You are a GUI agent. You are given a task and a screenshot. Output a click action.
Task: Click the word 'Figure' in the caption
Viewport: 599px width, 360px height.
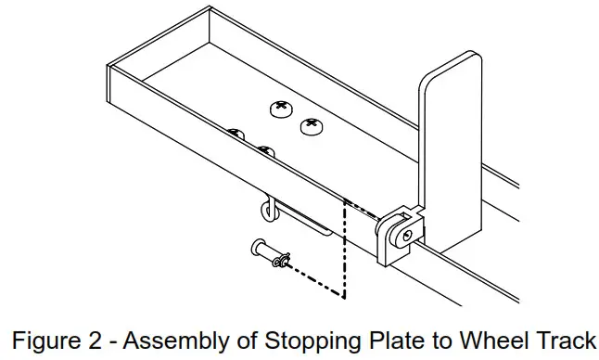click(x=50, y=337)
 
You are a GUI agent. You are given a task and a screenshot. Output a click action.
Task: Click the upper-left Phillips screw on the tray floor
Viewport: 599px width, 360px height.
click(x=281, y=109)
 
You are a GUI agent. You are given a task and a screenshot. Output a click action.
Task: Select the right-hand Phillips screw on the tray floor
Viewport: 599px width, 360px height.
click(x=312, y=125)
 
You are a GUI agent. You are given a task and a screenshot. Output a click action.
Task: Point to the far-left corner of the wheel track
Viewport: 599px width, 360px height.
click(x=108, y=67)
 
